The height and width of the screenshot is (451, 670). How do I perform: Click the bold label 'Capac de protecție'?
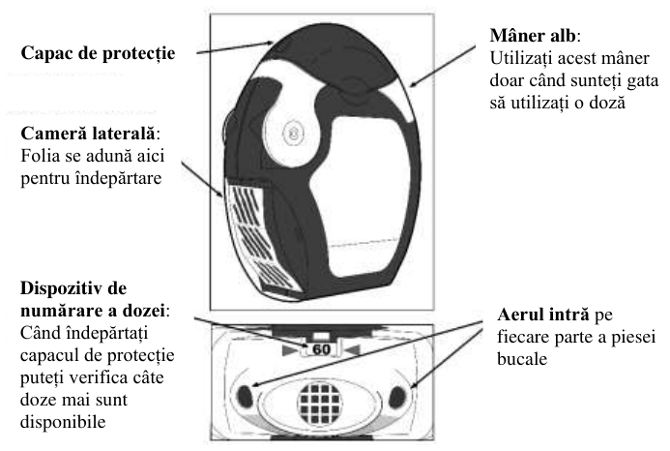[x=98, y=53]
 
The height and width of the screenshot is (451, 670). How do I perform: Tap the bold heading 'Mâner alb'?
[x=533, y=36]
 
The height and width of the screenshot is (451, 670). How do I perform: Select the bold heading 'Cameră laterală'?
[x=88, y=134]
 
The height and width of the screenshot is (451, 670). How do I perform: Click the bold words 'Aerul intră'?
[x=543, y=315]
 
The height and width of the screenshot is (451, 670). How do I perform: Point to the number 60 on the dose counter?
[x=321, y=349]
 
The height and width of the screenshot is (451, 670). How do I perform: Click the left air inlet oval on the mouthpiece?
[x=245, y=396]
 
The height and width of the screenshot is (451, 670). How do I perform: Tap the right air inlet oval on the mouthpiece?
[x=396, y=397]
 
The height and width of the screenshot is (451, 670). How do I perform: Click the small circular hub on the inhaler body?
[x=294, y=134]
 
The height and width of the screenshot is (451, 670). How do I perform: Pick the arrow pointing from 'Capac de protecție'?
[x=235, y=47]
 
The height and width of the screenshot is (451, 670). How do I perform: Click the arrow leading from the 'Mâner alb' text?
[x=442, y=67]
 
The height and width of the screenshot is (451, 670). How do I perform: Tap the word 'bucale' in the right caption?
[x=522, y=359]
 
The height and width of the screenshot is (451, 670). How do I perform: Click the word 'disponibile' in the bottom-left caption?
[x=63, y=422]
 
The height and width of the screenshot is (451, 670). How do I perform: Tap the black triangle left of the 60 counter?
[x=290, y=350]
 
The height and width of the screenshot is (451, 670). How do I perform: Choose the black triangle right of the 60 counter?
[x=353, y=350]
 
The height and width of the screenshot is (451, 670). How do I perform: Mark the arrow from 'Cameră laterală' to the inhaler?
[x=202, y=179]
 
